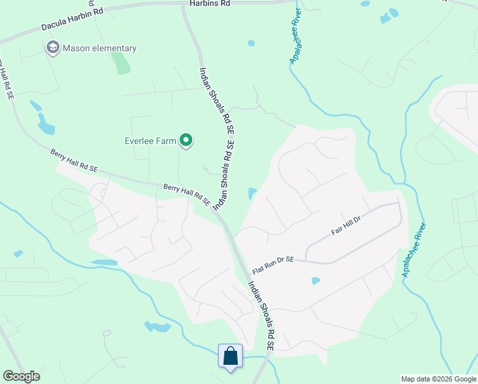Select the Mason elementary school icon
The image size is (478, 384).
click(x=52, y=47)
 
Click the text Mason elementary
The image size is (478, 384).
click(x=99, y=48)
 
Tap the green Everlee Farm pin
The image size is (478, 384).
click(x=186, y=140)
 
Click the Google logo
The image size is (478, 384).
click(x=21, y=376)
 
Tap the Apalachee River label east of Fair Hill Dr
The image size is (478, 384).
click(x=413, y=250)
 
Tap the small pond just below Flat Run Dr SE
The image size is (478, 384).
click(x=315, y=280)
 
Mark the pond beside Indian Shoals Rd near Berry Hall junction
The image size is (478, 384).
click(x=252, y=193)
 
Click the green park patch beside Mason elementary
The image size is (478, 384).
click(x=119, y=63)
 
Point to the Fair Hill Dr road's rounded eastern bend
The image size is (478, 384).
click(x=400, y=214)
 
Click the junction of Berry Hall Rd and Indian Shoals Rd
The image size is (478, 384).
click(x=217, y=212)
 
